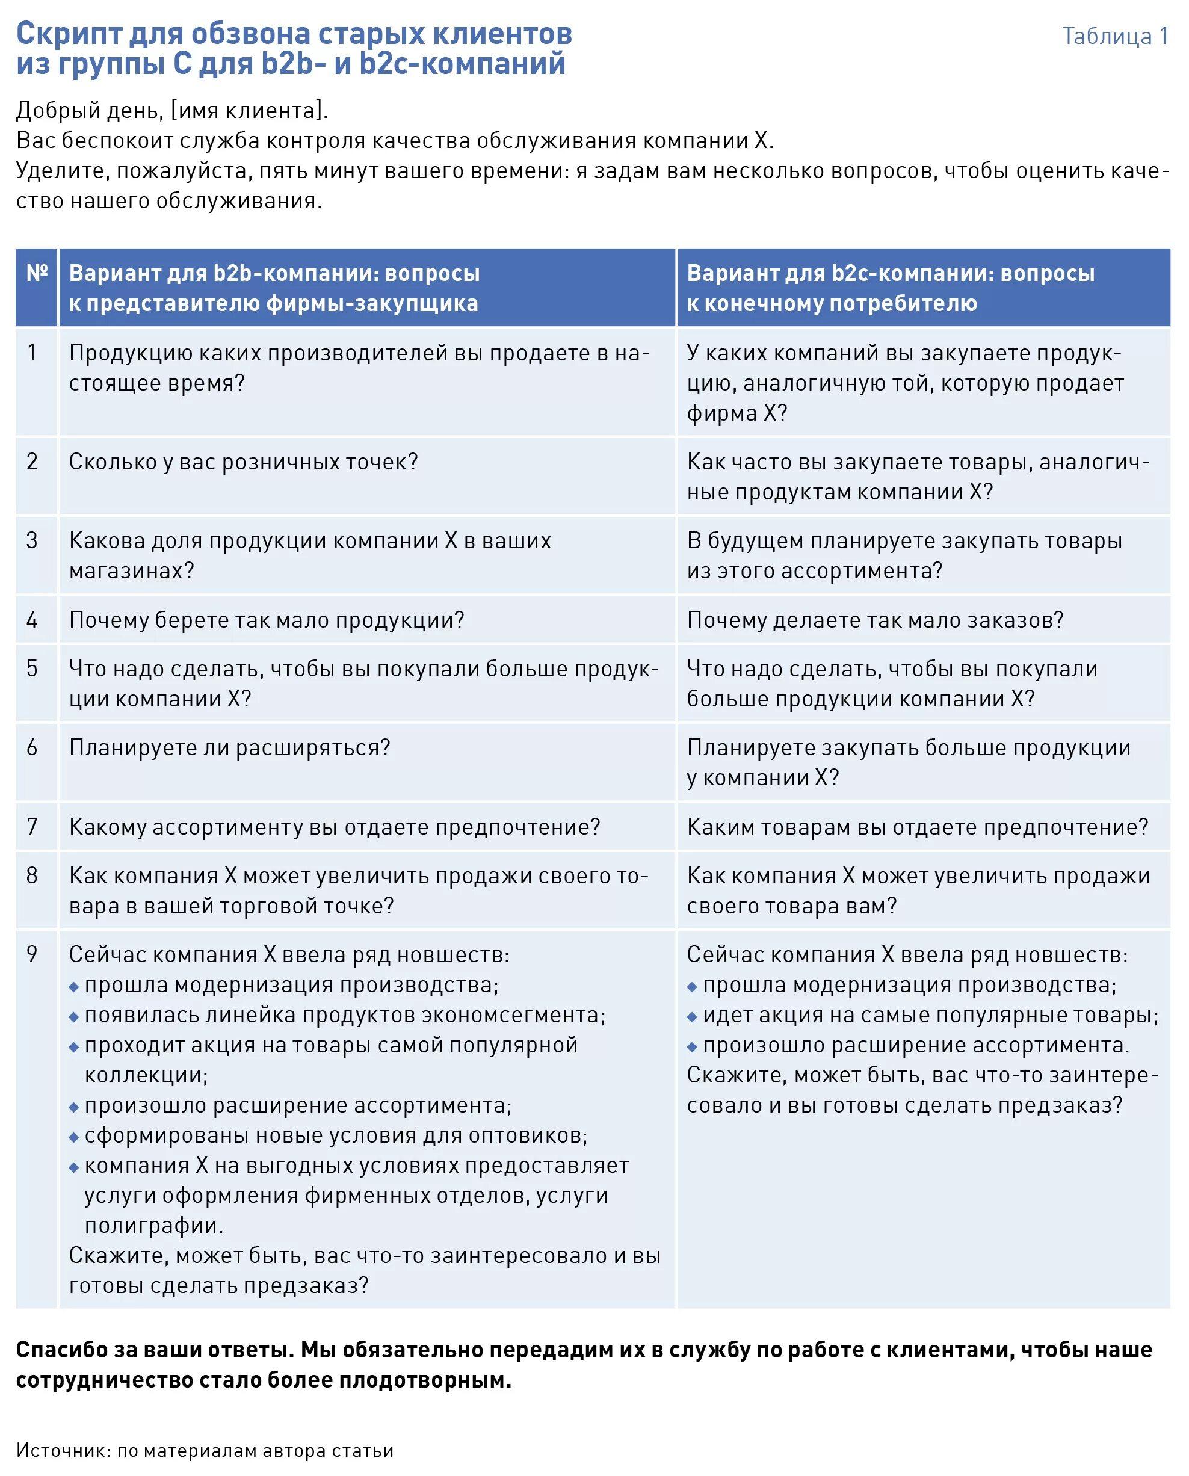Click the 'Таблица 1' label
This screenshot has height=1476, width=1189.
[1114, 36]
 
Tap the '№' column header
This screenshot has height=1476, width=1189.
[37, 273]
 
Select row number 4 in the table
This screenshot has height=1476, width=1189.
[32, 620]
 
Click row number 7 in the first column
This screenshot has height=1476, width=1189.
[32, 827]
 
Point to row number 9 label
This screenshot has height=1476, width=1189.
[32, 954]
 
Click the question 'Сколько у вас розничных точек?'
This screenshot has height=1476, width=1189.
[243, 462]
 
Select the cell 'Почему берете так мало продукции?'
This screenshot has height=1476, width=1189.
[267, 620]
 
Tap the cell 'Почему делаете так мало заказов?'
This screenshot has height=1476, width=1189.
[875, 620]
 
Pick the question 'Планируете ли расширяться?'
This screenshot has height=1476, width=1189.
[229, 747]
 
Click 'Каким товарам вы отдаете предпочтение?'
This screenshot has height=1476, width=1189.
[917, 827]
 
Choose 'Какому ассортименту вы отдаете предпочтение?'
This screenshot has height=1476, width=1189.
[334, 827]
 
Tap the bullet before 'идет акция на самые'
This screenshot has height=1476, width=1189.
[692, 1017]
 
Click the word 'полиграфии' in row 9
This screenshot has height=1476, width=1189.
[153, 1225]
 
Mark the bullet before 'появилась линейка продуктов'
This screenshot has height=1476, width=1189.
[74, 1017]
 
